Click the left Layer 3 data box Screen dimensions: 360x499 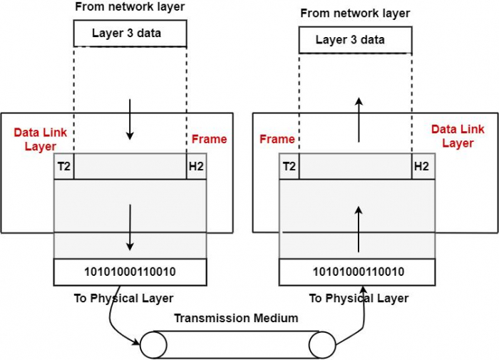point(130,34)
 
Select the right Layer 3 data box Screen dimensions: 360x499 point(354,40)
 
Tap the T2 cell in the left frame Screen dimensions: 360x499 point(64,167)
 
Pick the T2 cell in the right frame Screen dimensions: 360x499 point(289,167)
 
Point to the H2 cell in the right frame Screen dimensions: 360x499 point(421,167)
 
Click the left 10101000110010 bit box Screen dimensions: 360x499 point(130,272)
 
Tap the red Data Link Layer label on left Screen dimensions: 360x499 point(35,140)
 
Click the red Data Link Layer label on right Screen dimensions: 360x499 point(457,136)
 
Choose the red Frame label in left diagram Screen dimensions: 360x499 point(210,139)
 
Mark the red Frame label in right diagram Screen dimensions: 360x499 point(277,139)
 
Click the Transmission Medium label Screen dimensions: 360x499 point(236,319)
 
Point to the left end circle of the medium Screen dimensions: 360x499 point(152,344)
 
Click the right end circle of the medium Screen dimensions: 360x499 point(321,344)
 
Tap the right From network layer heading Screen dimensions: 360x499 point(355,14)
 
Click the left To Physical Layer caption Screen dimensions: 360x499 point(123,298)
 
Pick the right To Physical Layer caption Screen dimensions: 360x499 point(359,298)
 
